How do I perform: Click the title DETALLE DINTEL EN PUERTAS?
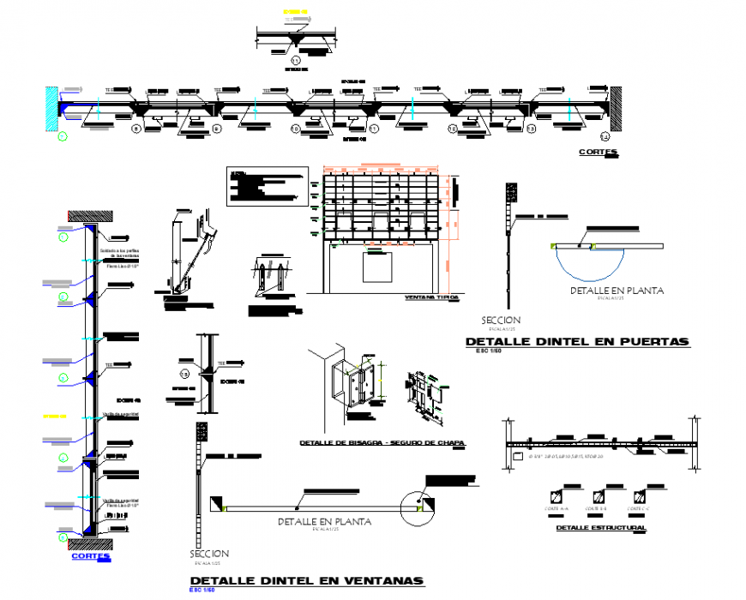pyautogui.click(x=576, y=341)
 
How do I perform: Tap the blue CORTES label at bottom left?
pyautogui.click(x=91, y=555)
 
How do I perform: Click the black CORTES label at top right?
pyautogui.click(x=598, y=153)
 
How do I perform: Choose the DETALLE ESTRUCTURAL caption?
pyautogui.click(x=600, y=528)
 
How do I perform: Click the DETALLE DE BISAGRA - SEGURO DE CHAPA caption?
pyautogui.click(x=382, y=443)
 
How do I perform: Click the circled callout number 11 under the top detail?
pyautogui.click(x=296, y=60)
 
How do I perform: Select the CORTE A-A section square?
pyautogui.click(x=558, y=496)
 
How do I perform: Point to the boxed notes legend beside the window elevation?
pyautogui.click(x=265, y=186)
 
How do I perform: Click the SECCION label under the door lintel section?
pyautogui.click(x=502, y=320)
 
